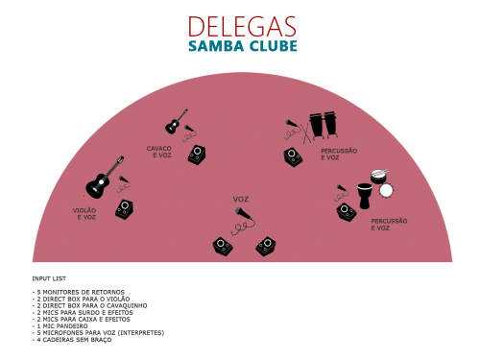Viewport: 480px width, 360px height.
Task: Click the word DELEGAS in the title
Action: pyautogui.click(x=243, y=26)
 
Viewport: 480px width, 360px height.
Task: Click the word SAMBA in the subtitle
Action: pyautogui.click(x=216, y=46)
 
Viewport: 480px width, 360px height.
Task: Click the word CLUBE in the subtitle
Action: pyautogui.click(x=271, y=46)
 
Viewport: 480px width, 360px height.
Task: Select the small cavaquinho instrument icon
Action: pyautogui.click(x=175, y=122)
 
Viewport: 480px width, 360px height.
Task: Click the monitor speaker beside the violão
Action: pyautogui.click(x=125, y=211)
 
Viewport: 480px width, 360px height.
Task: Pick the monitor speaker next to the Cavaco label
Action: pyautogui.click(x=198, y=155)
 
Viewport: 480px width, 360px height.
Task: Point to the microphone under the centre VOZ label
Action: pyautogui.click(x=244, y=220)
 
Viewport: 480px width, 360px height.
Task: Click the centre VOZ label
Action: pyautogui.click(x=241, y=200)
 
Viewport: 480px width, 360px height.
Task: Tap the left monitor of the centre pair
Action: pyautogui.click(x=224, y=247)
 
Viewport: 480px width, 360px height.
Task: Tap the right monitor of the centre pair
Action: pyautogui.click(x=266, y=247)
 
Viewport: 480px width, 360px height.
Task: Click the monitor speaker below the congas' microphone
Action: pyautogui.click(x=294, y=156)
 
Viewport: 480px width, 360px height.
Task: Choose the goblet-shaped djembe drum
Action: pyautogui.click(x=365, y=199)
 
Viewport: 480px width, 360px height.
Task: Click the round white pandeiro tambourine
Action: pyautogui.click(x=386, y=190)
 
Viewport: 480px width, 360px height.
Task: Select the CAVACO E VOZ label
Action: pyautogui.click(x=159, y=152)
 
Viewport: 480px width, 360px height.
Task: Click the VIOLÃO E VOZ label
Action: pyautogui.click(x=84, y=213)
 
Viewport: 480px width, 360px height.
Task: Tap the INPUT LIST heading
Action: pyautogui.click(x=48, y=279)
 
